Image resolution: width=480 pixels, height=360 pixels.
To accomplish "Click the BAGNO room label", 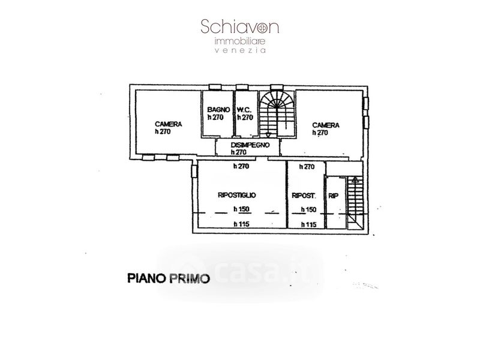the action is (x=218, y=110).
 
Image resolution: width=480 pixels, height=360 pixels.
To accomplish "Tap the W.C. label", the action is (x=244, y=110).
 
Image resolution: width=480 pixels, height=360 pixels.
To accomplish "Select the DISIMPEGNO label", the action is (x=250, y=145).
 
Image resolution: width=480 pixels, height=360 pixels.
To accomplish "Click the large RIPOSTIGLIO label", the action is (x=236, y=195).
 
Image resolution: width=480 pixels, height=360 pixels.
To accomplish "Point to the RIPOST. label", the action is (x=304, y=196).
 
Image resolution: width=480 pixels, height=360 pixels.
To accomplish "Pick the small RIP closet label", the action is (x=334, y=196).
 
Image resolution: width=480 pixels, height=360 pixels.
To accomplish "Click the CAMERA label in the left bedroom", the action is (x=169, y=124).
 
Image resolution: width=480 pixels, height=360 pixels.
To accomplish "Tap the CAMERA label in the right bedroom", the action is (x=326, y=125).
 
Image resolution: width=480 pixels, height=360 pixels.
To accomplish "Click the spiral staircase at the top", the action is (x=277, y=114).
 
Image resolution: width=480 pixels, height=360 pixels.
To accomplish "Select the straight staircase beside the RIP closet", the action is (x=355, y=203).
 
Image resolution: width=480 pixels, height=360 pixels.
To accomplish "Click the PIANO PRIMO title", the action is (x=169, y=278).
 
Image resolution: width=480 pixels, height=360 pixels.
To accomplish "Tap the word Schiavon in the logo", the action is (x=239, y=26).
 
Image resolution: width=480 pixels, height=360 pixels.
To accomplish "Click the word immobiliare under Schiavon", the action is (x=239, y=41).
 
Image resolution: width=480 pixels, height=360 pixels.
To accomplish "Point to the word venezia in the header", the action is (x=240, y=50).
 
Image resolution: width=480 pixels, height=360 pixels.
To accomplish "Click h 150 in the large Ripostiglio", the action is (x=242, y=209).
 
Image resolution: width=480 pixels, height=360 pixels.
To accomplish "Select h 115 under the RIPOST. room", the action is (x=308, y=224).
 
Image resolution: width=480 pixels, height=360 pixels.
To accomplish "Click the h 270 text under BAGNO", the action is (x=215, y=117).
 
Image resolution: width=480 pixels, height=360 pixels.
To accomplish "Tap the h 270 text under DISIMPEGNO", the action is (x=239, y=152).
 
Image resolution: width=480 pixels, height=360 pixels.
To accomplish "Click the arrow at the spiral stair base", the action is (x=268, y=135).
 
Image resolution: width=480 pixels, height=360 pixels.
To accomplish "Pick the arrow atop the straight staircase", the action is (x=355, y=179).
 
